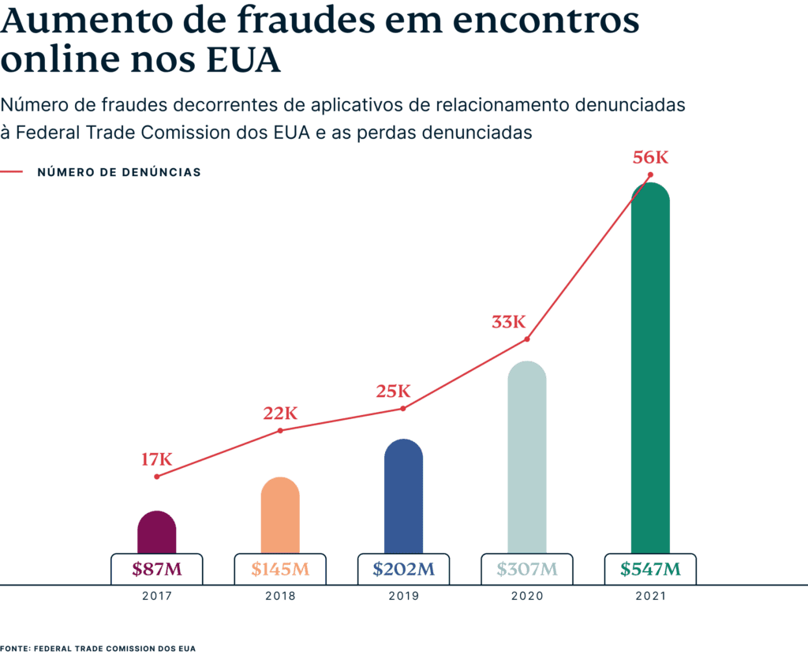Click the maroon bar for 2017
pyautogui.click(x=156, y=532)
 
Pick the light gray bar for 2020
pyautogui.click(x=526, y=458)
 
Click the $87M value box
pyautogui.click(x=156, y=568)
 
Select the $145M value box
pyautogui.click(x=280, y=568)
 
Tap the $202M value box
pyautogui.click(x=403, y=568)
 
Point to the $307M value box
pyautogui.click(x=526, y=568)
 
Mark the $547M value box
pyautogui.click(x=650, y=568)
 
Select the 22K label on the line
pyautogui.click(x=280, y=413)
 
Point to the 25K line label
pyautogui.click(x=393, y=391)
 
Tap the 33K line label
pyautogui.click(x=508, y=322)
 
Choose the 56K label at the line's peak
pyautogui.click(x=650, y=158)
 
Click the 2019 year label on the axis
pyautogui.click(x=403, y=597)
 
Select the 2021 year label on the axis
pyautogui.click(x=650, y=597)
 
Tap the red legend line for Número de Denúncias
pyautogui.click(x=12, y=171)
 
